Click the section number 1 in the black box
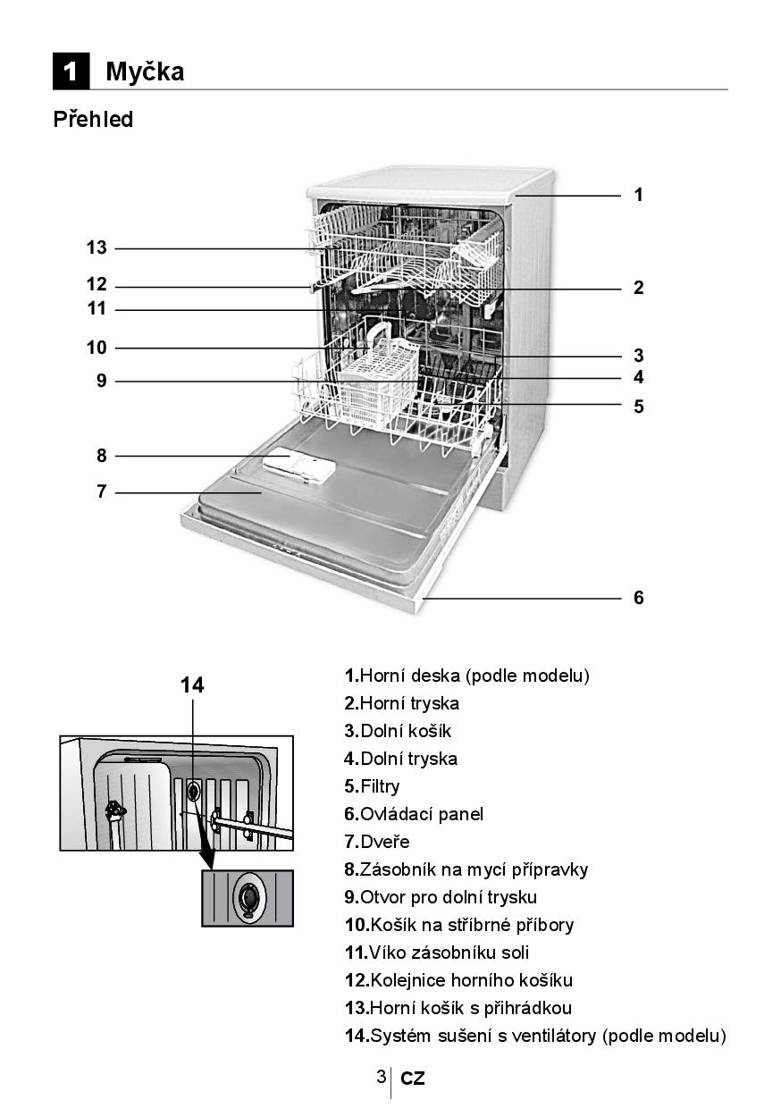click(71, 71)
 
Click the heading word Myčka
click(145, 71)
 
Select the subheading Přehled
click(93, 120)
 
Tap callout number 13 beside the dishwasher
click(97, 248)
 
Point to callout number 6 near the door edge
click(638, 598)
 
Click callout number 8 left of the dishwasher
click(102, 456)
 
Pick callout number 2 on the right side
click(638, 288)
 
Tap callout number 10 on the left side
click(97, 348)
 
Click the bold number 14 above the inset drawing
click(192, 685)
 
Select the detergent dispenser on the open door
click(299, 466)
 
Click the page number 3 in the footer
click(381, 1076)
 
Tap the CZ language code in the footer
click(413, 1079)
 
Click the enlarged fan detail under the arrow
click(248, 896)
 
